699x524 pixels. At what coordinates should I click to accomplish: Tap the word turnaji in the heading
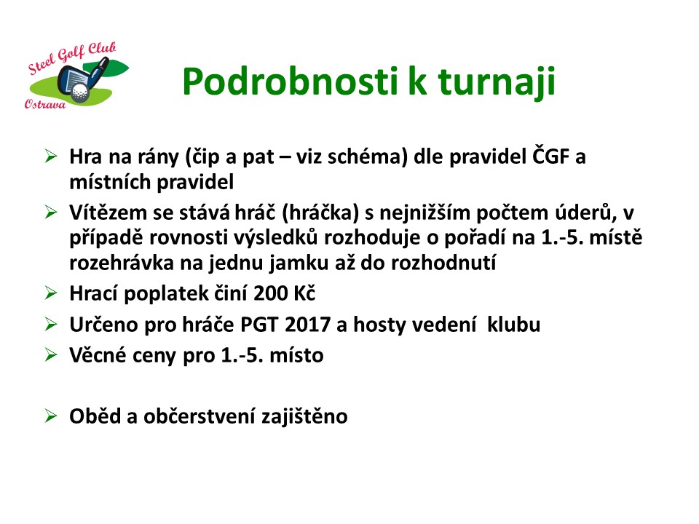[497, 83]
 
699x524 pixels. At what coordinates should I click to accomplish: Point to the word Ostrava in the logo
[45, 104]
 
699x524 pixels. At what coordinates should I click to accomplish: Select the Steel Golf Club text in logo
[72, 58]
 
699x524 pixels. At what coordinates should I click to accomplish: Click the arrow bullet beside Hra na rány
[51, 156]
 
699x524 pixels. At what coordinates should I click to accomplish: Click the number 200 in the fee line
[270, 293]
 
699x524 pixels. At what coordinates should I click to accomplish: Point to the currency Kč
[304, 293]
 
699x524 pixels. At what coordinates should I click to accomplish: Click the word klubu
[513, 324]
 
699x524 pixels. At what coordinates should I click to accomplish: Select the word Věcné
[98, 355]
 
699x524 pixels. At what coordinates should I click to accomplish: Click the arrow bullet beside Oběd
[51, 416]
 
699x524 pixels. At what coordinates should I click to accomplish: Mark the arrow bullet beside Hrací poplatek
[51, 293]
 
